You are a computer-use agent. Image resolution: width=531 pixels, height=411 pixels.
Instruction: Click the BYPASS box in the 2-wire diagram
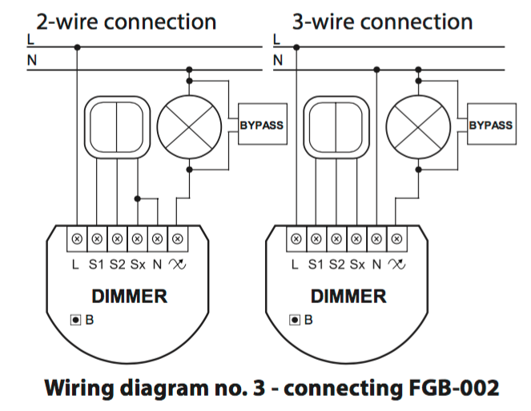[x=262, y=126]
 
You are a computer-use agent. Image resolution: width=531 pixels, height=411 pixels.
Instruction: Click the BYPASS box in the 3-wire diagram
[x=490, y=126]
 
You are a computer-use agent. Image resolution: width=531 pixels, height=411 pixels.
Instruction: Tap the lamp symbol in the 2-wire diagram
[x=188, y=125]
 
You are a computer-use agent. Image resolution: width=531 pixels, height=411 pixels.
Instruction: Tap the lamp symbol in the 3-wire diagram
[x=416, y=125]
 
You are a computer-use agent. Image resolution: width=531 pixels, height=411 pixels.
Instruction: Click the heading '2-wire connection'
[x=127, y=21]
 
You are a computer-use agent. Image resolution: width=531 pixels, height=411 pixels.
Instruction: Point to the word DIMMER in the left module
[x=129, y=297]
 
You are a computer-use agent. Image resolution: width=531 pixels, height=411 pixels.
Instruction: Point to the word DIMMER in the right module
[x=348, y=297]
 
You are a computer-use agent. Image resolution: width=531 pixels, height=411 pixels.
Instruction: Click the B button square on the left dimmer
[x=75, y=320]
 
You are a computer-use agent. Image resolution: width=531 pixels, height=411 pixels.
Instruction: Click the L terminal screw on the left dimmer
[x=77, y=238]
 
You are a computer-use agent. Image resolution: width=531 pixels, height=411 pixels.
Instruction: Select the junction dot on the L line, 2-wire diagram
[x=77, y=46]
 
